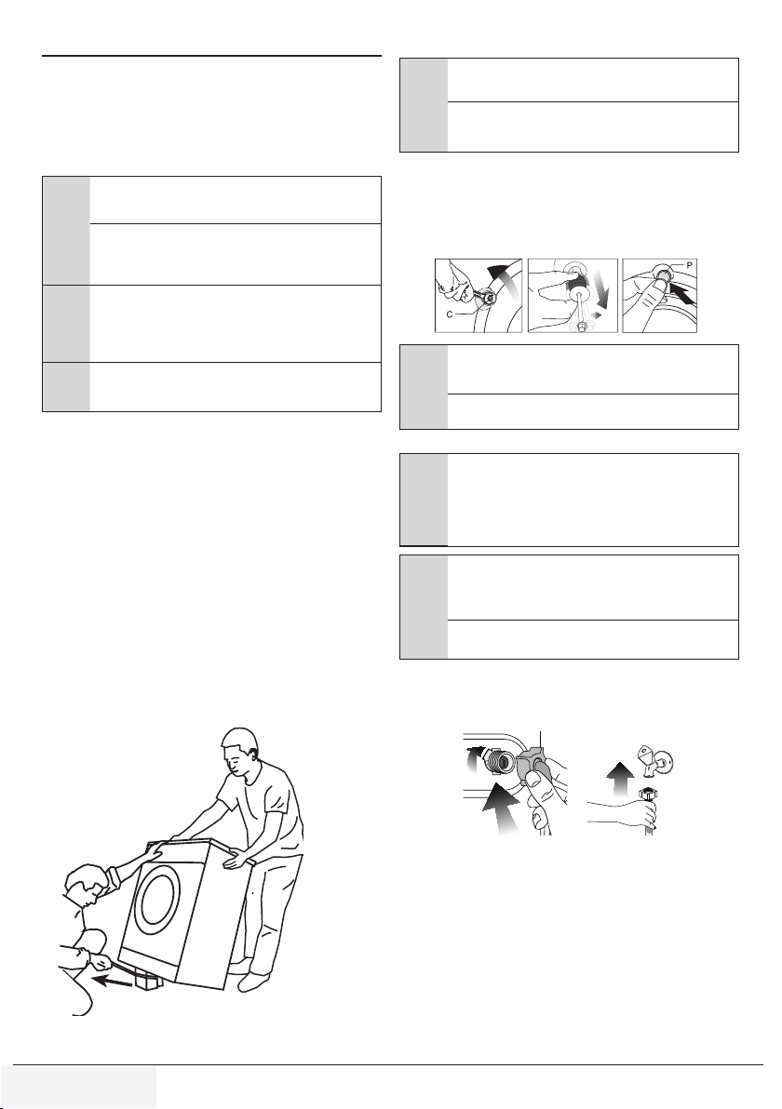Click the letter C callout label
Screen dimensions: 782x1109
point(450,314)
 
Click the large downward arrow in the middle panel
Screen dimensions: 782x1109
point(599,290)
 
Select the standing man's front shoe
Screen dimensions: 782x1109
point(254,982)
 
